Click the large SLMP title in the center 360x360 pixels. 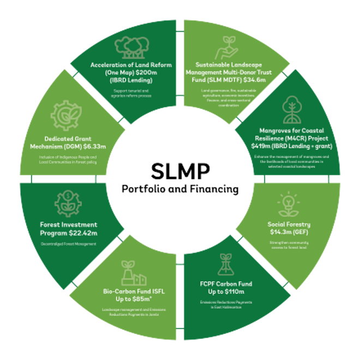click(x=179, y=171)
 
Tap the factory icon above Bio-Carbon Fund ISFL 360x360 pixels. click(x=133, y=272)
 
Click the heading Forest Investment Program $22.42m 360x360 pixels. click(x=69, y=229)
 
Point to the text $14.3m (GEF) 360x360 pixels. click(x=289, y=231)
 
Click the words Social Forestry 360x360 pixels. click(x=289, y=224)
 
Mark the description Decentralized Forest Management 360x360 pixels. click(x=68, y=244)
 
